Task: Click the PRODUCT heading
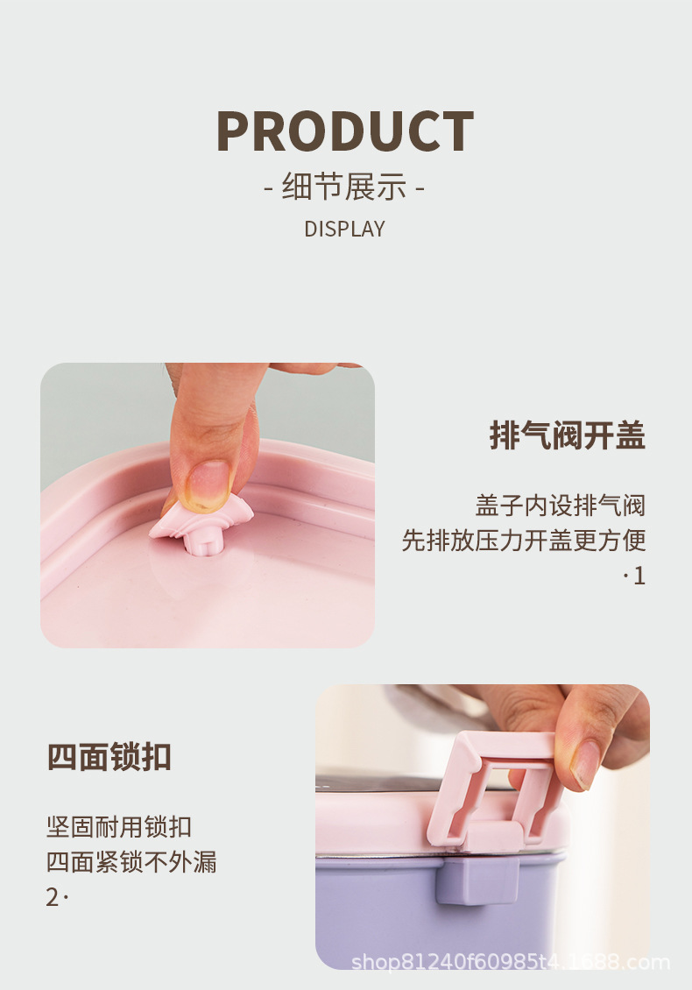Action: (x=345, y=131)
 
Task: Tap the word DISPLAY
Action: (x=345, y=229)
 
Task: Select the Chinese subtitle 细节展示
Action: (x=345, y=187)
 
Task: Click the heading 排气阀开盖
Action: (x=567, y=435)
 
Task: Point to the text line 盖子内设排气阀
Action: (x=561, y=506)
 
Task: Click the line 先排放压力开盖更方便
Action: (x=524, y=541)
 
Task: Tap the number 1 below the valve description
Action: (x=639, y=576)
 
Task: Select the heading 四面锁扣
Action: (x=109, y=756)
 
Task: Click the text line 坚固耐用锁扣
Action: (x=119, y=827)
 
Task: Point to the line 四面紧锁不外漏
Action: (x=131, y=862)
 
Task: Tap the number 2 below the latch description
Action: (x=52, y=897)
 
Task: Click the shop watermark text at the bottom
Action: (x=510, y=962)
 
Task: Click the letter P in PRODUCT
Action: (x=235, y=131)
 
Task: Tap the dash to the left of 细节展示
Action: (x=268, y=188)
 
